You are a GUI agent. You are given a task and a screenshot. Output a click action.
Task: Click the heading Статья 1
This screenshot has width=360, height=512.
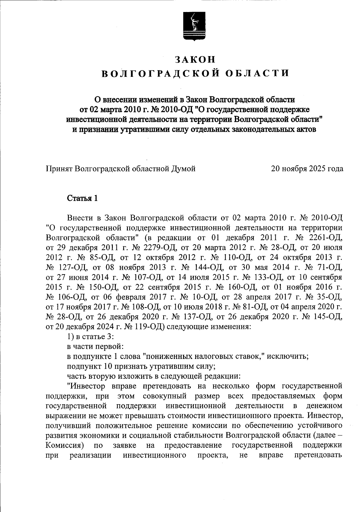[82, 198]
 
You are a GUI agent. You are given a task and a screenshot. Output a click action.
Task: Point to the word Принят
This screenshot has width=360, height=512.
[58, 169]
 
